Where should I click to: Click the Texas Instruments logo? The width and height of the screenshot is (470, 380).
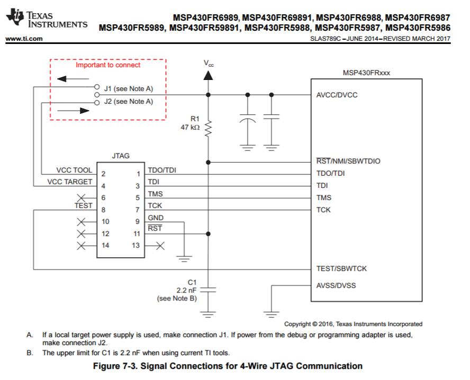[45, 20]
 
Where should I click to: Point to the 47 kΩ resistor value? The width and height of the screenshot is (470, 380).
[190, 128]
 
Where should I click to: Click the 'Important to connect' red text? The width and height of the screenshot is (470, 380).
[108, 65]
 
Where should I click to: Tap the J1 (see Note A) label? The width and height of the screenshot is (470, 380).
[129, 88]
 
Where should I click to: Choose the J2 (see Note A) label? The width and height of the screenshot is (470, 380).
[129, 101]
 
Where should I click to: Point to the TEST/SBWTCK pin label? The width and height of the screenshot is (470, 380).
[341, 268]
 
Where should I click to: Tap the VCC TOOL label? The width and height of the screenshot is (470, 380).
[74, 170]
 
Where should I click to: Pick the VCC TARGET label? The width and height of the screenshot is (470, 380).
[69, 182]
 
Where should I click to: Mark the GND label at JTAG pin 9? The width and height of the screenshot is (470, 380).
[156, 218]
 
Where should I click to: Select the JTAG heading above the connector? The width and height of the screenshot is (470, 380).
[121, 156]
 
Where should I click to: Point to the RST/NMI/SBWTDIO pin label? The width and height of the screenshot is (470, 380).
[349, 161]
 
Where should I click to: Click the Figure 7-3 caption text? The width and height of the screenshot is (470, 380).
[228, 366]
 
